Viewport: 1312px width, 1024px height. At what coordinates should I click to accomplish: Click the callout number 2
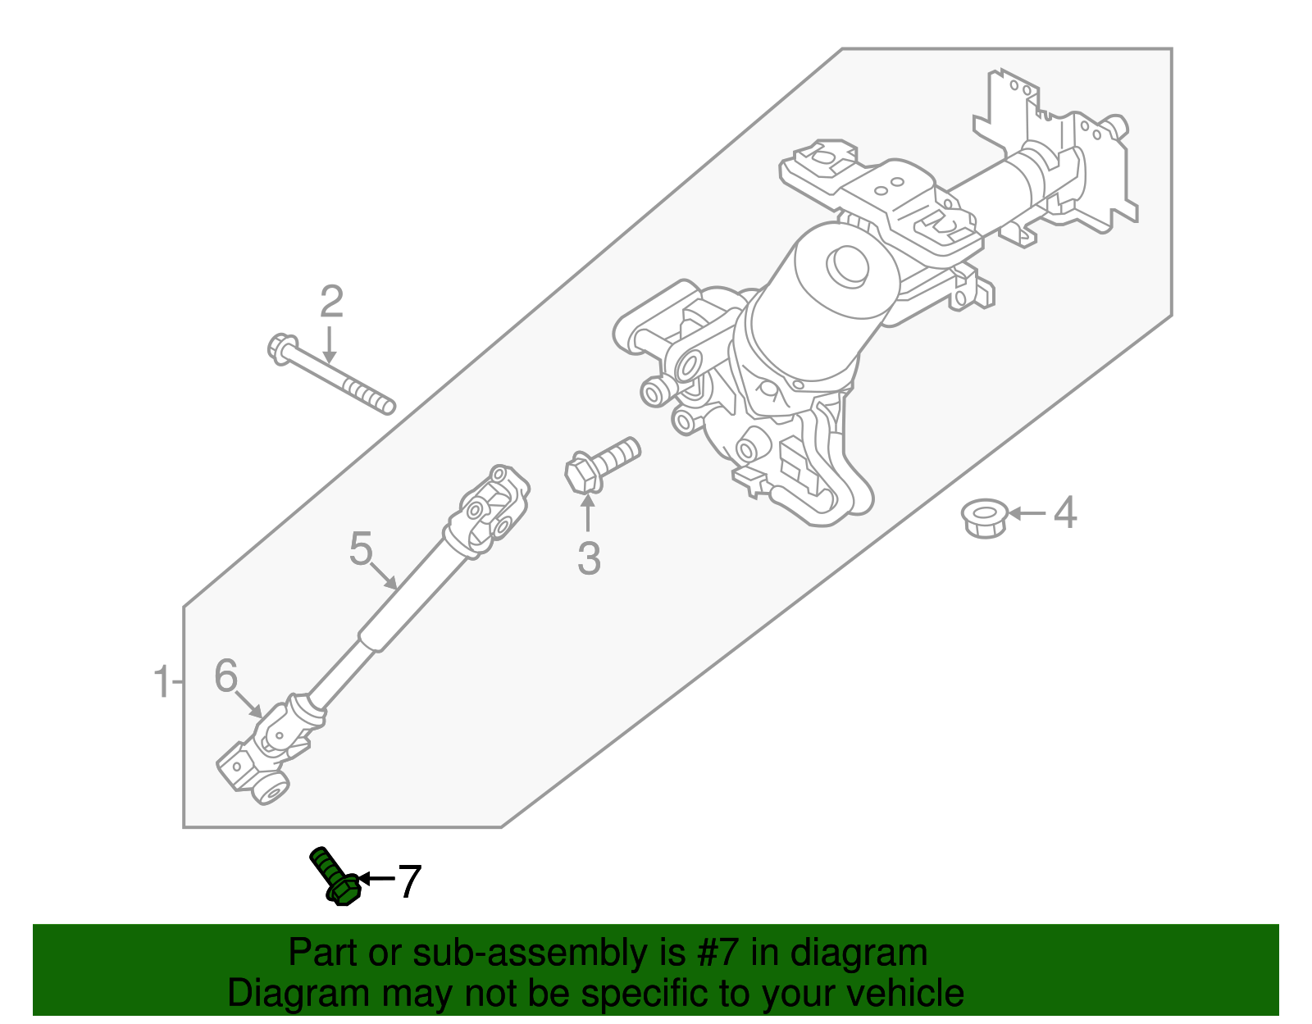pyautogui.click(x=331, y=303)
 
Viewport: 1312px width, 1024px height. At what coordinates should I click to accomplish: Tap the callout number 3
pyautogui.click(x=589, y=559)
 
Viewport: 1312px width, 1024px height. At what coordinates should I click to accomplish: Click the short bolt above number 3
pyautogui.click(x=603, y=465)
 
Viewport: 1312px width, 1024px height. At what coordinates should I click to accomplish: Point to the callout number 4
pyautogui.click(x=1064, y=513)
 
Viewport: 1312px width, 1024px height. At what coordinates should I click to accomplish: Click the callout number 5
pyautogui.click(x=361, y=548)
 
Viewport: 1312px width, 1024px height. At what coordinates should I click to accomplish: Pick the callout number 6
pyautogui.click(x=225, y=676)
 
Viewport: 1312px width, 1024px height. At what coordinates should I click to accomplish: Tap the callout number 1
pyautogui.click(x=162, y=682)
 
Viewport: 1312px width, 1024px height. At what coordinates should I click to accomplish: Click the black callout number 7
pyautogui.click(x=408, y=882)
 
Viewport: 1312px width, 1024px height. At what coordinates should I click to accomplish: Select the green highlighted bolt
pyautogui.click(x=333, y=876)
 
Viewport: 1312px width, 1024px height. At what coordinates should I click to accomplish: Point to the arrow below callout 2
pyautogui.click(x=329, y=344)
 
